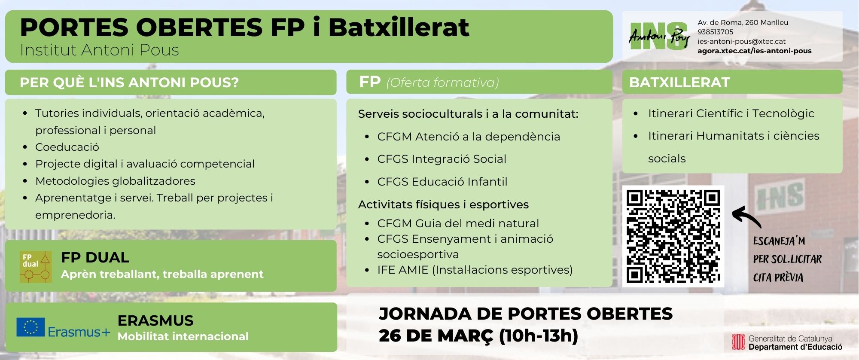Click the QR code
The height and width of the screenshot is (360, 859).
(x=673, y=236)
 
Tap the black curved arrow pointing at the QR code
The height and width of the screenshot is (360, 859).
(x=746, y=217)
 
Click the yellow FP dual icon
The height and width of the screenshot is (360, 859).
(x=36, y=267)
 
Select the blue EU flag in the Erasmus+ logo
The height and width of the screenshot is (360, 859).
(x=30, y=327)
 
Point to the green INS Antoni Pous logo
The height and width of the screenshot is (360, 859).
(x=659, y=37)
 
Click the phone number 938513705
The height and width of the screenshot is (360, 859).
(x=716, y=32)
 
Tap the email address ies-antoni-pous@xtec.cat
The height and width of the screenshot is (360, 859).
(x=742, y=41)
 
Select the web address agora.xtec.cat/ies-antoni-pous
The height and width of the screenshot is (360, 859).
(x=755, y=51)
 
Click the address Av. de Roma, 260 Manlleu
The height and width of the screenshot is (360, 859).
(x=743, y=22)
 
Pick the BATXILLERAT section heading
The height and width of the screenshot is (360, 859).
(x=679, y=82)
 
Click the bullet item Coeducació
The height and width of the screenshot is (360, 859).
(x=67, y=147)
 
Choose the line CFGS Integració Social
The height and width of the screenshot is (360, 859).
(x=442, y=159)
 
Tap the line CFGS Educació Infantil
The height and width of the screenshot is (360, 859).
(x=442, y=182)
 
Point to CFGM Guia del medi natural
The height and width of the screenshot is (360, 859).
(x=458, y=223)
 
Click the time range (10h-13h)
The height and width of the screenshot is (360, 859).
(x=539, y=336)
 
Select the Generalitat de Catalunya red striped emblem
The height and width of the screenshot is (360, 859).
(x=738, y=342)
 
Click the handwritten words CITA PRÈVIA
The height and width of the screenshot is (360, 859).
(x=778, y=277)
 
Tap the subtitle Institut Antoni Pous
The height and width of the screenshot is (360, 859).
(x=99, y=50)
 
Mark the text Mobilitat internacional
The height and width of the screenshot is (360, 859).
(x=183, y=336)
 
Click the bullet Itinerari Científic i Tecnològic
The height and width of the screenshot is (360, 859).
(x=731, y=113)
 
